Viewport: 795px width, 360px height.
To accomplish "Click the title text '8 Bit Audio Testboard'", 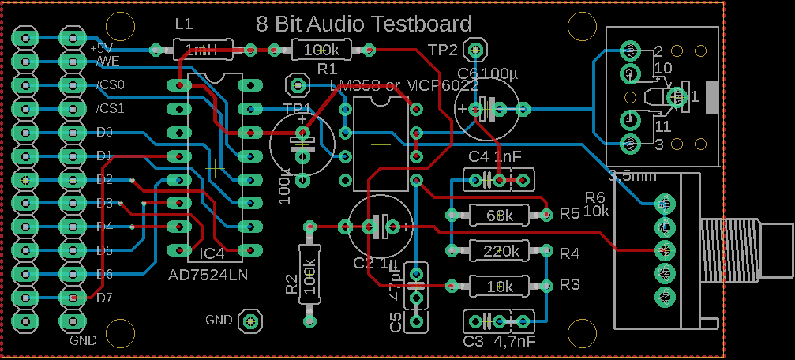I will [363, 24].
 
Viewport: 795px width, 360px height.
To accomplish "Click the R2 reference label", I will [291, 284].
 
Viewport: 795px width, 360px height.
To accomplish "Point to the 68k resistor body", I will [500, 214].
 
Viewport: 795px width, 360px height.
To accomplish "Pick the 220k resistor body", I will [500, 251].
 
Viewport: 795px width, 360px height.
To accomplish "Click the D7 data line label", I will [105, 298].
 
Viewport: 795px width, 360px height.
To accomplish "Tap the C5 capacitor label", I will [396, 321].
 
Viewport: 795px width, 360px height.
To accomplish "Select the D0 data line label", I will [104, 132].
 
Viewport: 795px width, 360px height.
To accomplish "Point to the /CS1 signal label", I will [110, 108].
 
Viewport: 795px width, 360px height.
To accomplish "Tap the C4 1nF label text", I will [494, 156].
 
